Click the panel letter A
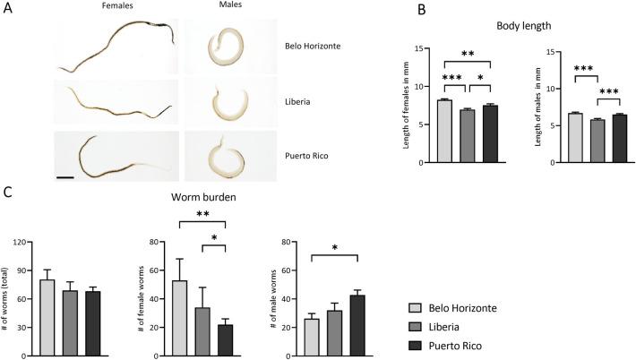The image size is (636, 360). coord(8,9)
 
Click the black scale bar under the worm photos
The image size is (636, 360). coord(65,177)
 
